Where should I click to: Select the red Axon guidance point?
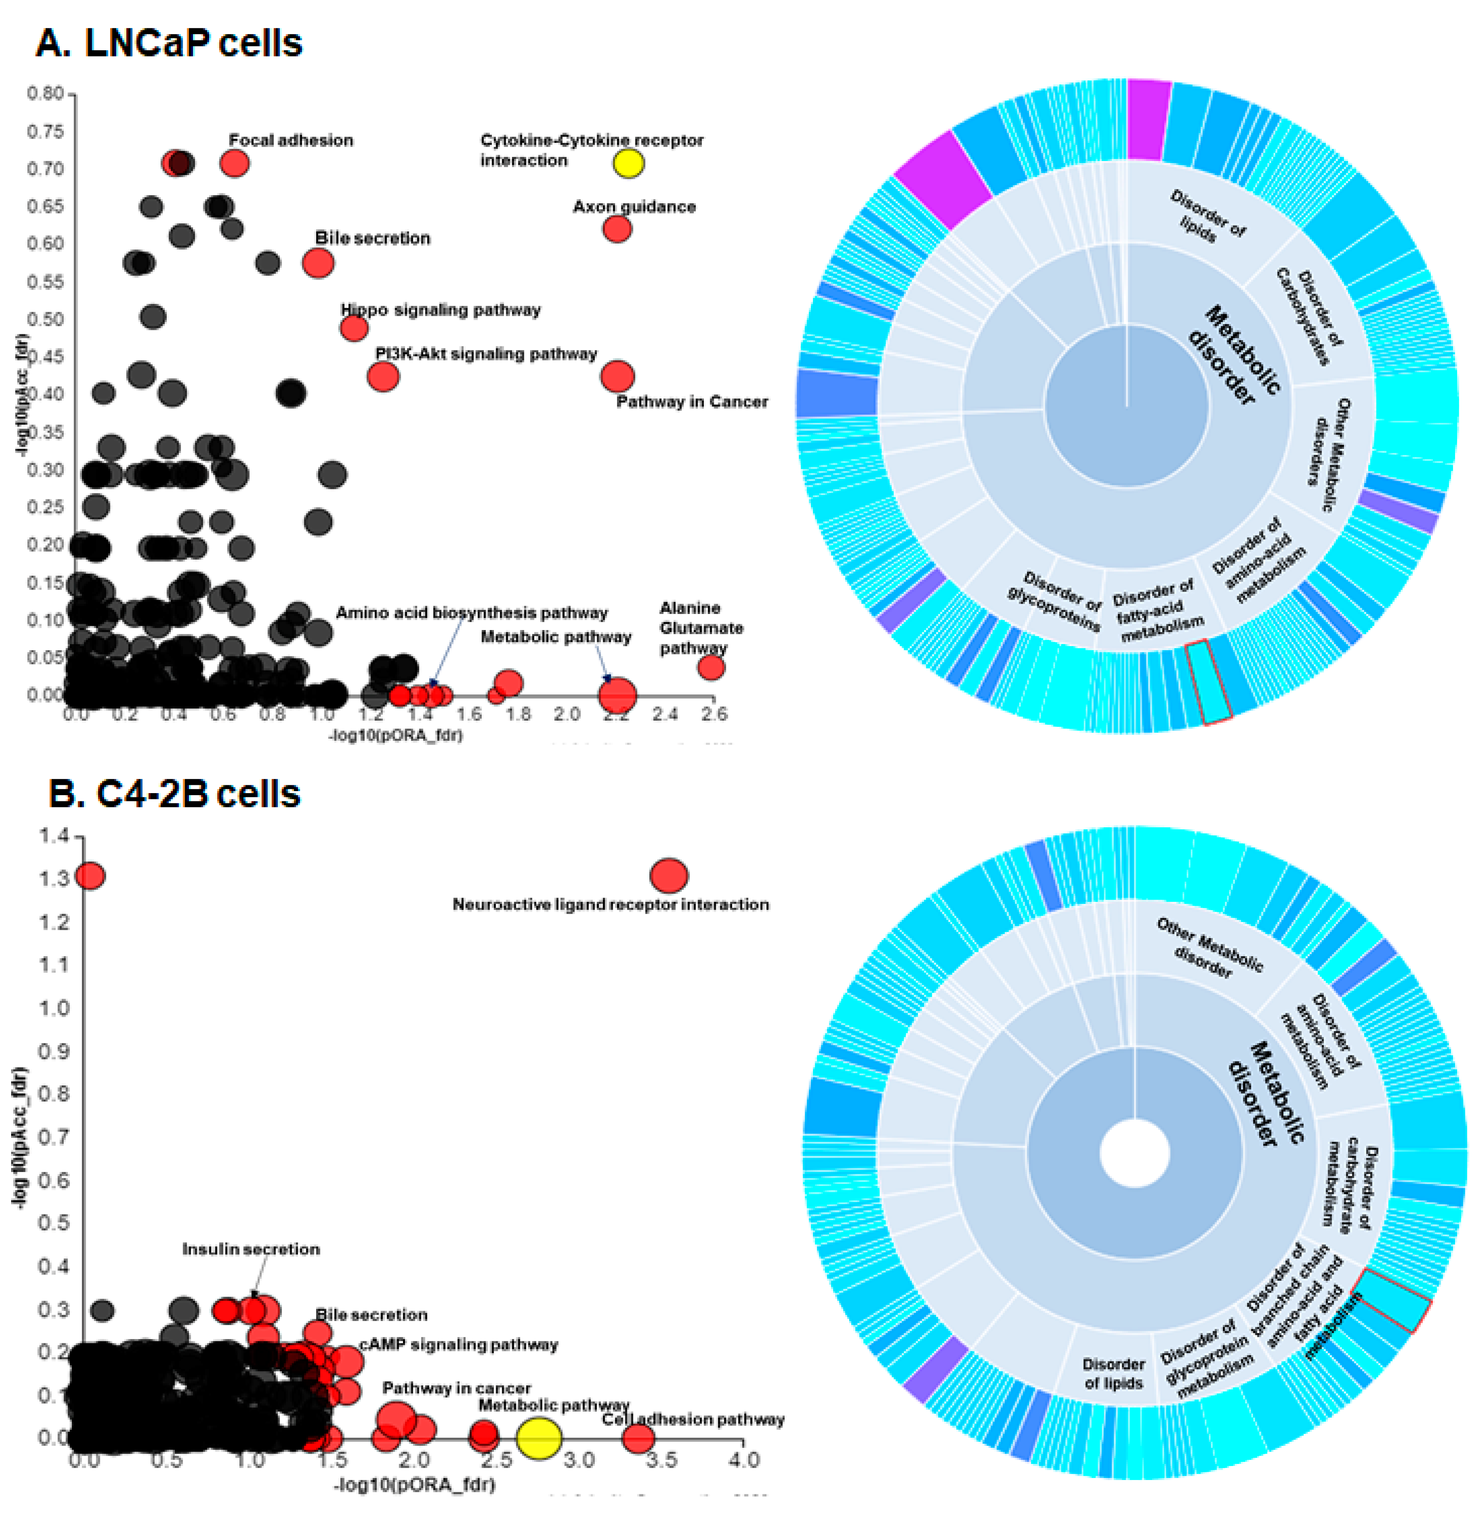617,229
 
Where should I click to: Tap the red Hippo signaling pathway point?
354,328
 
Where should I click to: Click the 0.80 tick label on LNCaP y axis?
45,94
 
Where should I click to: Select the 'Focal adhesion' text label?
291,140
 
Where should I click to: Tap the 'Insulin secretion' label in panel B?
250,1249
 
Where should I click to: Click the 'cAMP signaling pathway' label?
458,1345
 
